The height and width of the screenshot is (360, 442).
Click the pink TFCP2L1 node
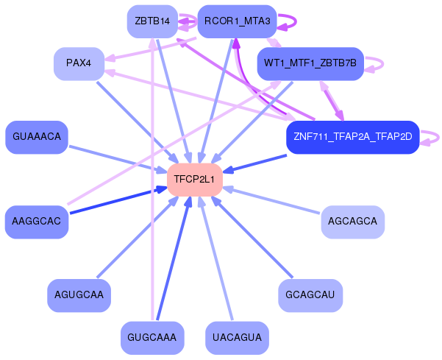coord(195,180)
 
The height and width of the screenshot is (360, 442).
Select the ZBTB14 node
coord(152,21)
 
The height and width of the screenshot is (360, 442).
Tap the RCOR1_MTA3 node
coord(237,21)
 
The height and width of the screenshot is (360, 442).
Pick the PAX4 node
coord(79,63)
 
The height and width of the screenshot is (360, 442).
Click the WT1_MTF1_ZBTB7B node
coord(310,63)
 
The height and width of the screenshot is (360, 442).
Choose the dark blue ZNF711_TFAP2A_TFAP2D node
coord(353,137)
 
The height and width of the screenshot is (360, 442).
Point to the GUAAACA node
coord(37,137)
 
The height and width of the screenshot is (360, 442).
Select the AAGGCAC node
coord(37,222)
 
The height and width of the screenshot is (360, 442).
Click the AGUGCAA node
coord(79,295)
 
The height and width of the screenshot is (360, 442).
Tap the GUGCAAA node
coord(152,338)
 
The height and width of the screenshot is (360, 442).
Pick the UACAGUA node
coord(237,338)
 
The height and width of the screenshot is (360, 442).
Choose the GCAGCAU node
coord(310,295)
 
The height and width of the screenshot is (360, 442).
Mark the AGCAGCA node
coord(353,222)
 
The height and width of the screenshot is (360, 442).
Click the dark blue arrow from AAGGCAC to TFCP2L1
coord(118,200)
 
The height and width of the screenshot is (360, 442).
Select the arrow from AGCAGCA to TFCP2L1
coord(271,200)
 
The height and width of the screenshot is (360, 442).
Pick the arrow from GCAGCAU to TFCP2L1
coord(252,237)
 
